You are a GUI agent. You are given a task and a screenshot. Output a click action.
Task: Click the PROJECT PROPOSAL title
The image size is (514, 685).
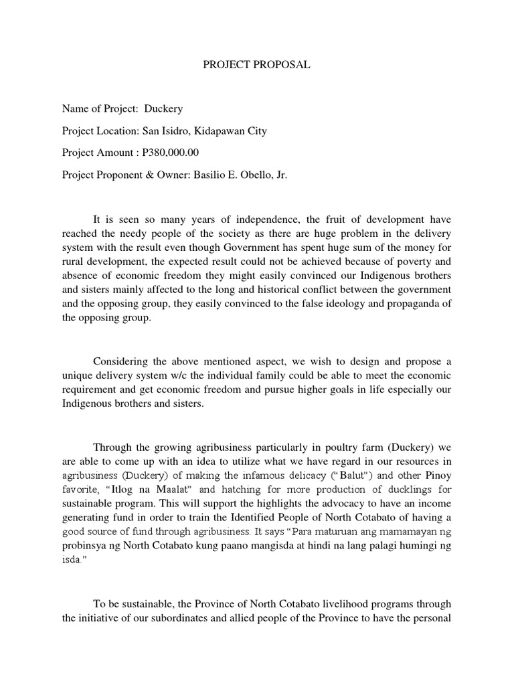pyautogui.click(x=257, y=65)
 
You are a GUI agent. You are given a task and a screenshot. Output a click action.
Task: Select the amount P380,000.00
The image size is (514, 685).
pyautogui.click(x=171, y=153)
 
